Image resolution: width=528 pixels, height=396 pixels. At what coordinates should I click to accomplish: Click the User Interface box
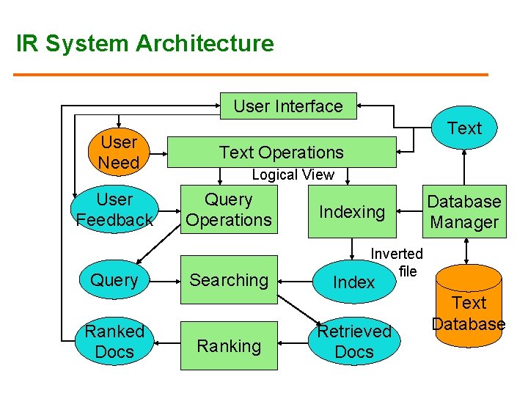tap(288, 106)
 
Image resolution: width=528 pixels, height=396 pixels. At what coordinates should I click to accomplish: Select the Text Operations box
tap(282, 152)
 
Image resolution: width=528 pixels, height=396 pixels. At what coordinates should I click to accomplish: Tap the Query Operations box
tap(229, 210)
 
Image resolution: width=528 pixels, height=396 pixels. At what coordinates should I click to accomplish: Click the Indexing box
tap(352, 212)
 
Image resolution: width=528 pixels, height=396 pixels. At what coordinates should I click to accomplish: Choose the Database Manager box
tap(464, 212)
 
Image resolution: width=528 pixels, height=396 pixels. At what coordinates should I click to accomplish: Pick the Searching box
tap(230, 279)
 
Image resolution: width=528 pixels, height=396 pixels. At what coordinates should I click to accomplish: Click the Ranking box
tap(230, 345)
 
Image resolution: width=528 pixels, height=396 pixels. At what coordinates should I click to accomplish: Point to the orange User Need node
tap(119, 152)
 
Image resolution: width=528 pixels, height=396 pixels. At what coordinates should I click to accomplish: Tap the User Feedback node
tap(114, 210)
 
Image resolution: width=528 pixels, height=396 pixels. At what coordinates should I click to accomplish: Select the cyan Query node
tap(114, 279)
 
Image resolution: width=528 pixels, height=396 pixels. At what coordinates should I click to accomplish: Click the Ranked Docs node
tap(114, 342)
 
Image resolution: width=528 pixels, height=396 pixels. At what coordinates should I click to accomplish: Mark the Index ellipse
tap(354, 282)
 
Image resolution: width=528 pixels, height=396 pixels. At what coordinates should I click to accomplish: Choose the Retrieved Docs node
tap(354, 342)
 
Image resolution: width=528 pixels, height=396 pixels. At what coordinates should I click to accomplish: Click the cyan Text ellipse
tap(464, 128)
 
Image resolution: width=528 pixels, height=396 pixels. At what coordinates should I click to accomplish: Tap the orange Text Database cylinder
tap(469, 312)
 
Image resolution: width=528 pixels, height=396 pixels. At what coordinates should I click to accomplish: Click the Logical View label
tap(293, 175)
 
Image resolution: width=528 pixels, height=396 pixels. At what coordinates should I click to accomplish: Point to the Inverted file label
tap(397, 262)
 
